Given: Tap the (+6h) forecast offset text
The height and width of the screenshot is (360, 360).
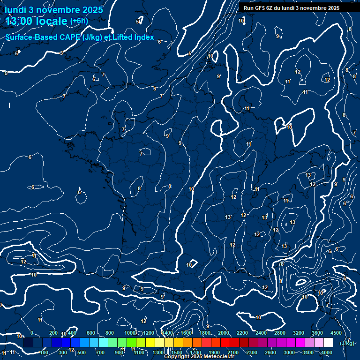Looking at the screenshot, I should click(x=79, y=21).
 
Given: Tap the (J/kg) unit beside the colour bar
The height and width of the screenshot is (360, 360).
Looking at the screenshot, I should click(x=346, y=343).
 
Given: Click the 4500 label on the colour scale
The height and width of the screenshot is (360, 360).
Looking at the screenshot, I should click(x=336, y=333).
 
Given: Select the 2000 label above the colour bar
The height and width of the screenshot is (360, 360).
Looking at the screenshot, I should click(x=223, y=333).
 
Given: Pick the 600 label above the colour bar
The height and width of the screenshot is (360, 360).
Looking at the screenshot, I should click(x=90, y=333).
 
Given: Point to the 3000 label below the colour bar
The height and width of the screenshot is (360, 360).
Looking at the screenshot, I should click(x=289, y=352).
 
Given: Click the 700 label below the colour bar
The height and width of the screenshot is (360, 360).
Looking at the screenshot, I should click(x=100, y=352).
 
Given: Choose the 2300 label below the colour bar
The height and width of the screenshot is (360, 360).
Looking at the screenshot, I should click(x=251, y=352).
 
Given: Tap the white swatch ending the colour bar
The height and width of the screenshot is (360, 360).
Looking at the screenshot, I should click(x=328, y=343).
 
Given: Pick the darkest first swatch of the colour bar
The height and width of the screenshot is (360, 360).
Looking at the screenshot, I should click(x=28, y=343).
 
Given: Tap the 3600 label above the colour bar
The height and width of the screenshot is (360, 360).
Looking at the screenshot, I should click(x=317, y=333).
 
